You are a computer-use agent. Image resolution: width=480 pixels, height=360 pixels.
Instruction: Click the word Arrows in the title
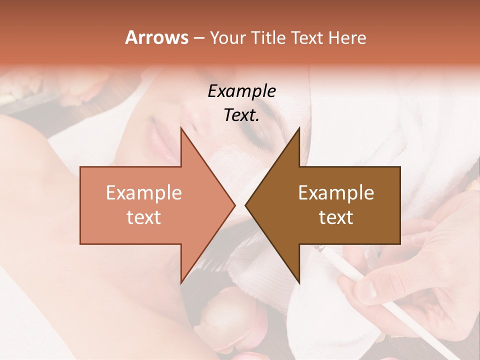click(x=156, y=37)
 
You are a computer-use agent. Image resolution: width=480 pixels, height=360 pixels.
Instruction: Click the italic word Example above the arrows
click(x=241, y=91)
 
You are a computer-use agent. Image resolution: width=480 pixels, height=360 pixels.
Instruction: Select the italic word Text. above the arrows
click(x=241, y=115)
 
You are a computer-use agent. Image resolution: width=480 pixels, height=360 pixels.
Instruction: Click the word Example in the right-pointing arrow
click(x=144, y=193)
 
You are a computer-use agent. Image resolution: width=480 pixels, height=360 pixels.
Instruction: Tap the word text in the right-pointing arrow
click(x=144, y=217)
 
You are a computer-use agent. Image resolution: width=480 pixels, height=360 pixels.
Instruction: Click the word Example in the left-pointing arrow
click(x=336, y=193)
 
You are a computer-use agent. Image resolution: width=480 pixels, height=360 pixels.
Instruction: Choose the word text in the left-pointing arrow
click(x=336, y=217)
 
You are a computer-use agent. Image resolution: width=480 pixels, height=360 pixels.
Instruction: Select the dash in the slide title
click(x=198, y=38)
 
